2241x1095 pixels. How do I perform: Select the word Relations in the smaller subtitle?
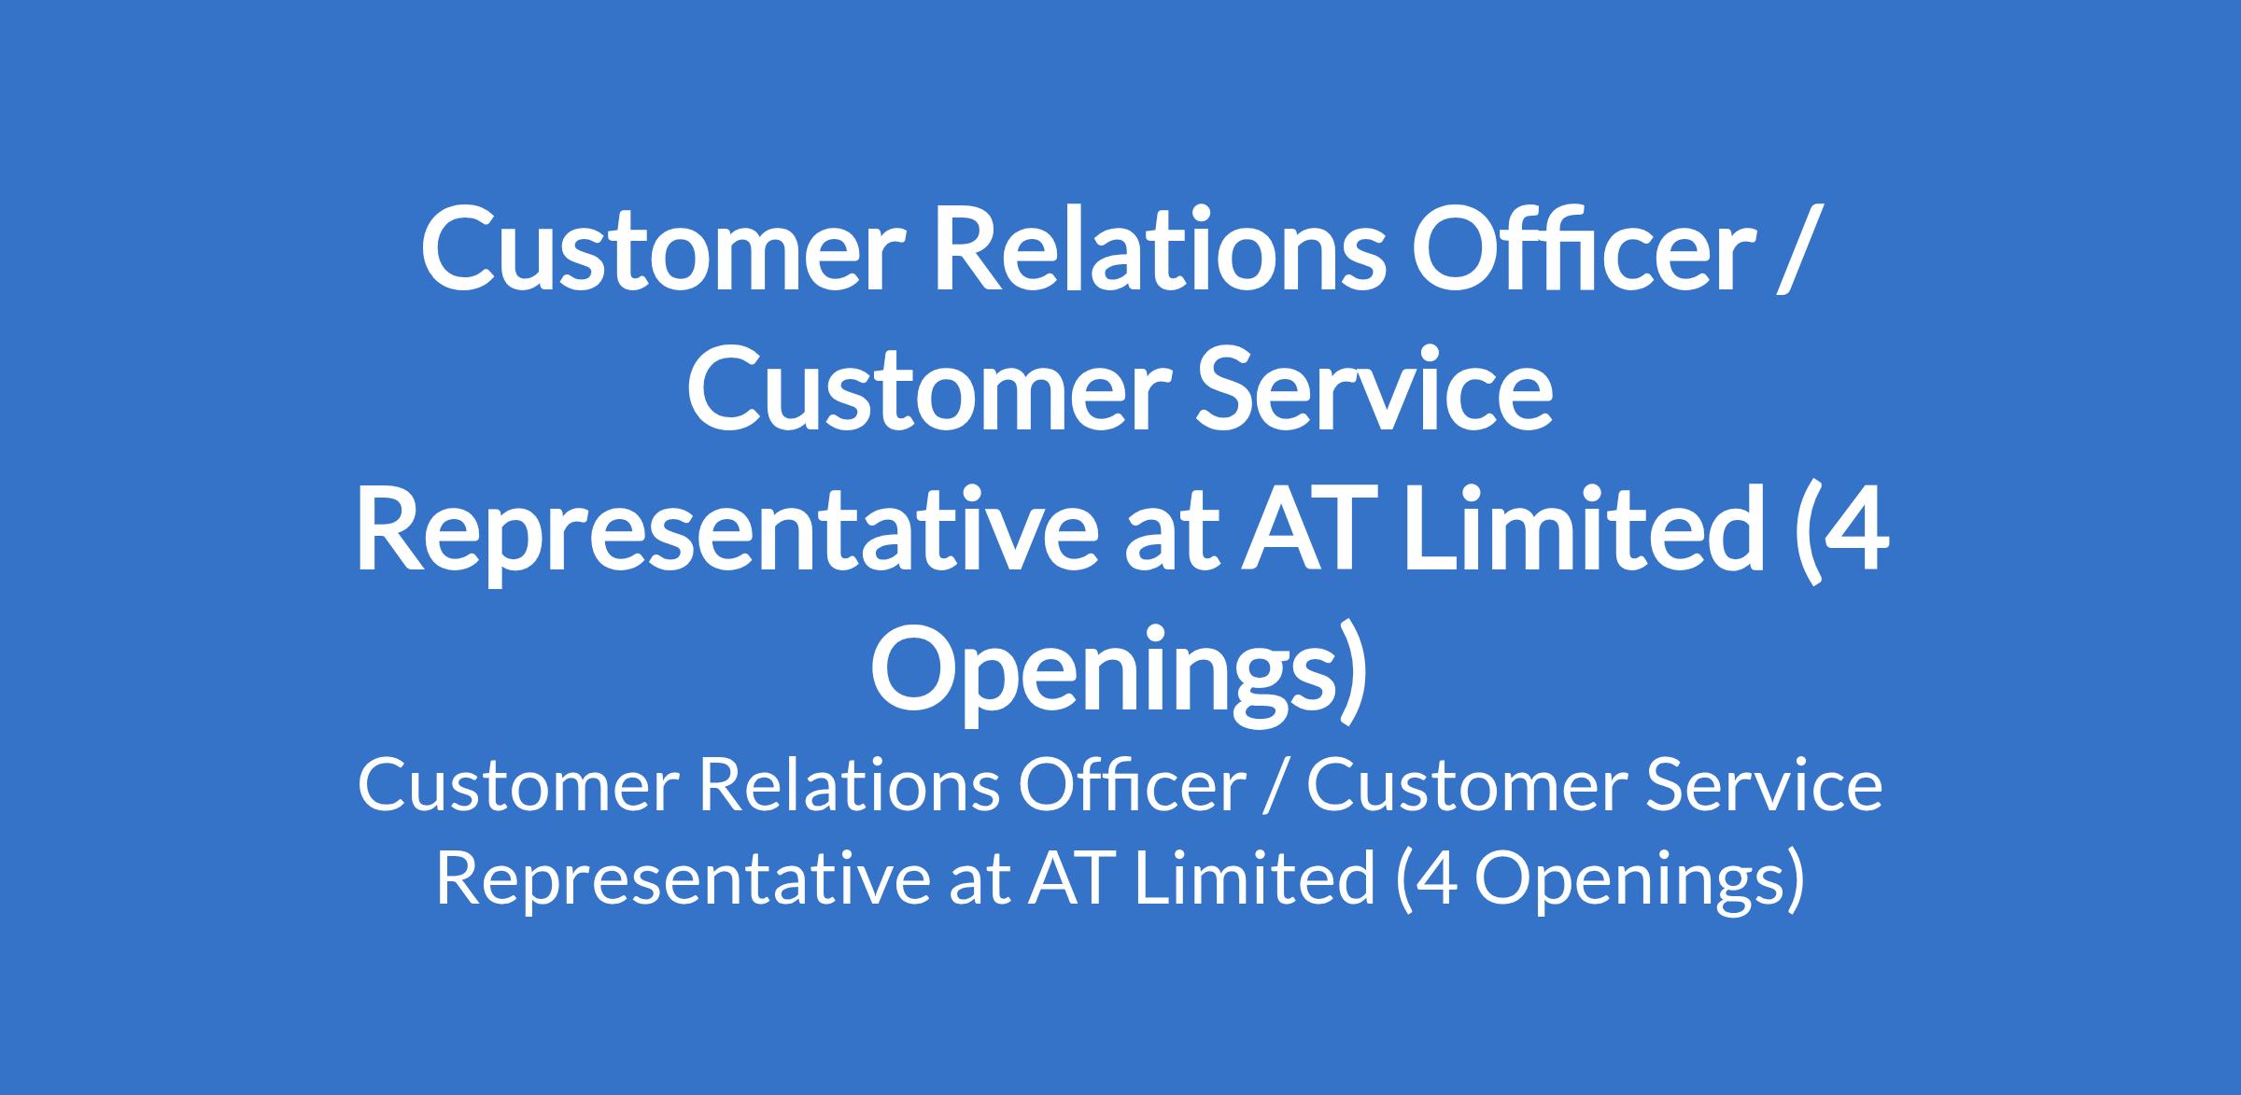(844, 786)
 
